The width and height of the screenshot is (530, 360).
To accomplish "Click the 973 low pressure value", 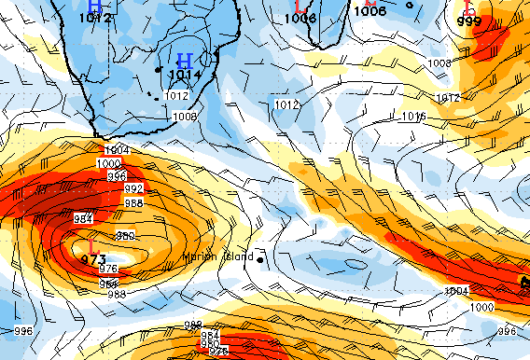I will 92,258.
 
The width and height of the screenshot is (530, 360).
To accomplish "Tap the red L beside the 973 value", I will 91,246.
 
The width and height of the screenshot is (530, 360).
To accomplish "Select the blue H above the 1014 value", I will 185,61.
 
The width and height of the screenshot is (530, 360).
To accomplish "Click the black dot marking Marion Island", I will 261,256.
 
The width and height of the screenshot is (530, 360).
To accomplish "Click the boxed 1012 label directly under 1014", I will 175,95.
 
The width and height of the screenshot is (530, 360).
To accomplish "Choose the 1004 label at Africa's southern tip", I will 117,150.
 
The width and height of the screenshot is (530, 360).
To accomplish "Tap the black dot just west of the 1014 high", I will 159,70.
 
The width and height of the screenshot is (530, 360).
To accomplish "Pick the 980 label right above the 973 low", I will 124,235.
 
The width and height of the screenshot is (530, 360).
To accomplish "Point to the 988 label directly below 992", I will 133,202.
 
